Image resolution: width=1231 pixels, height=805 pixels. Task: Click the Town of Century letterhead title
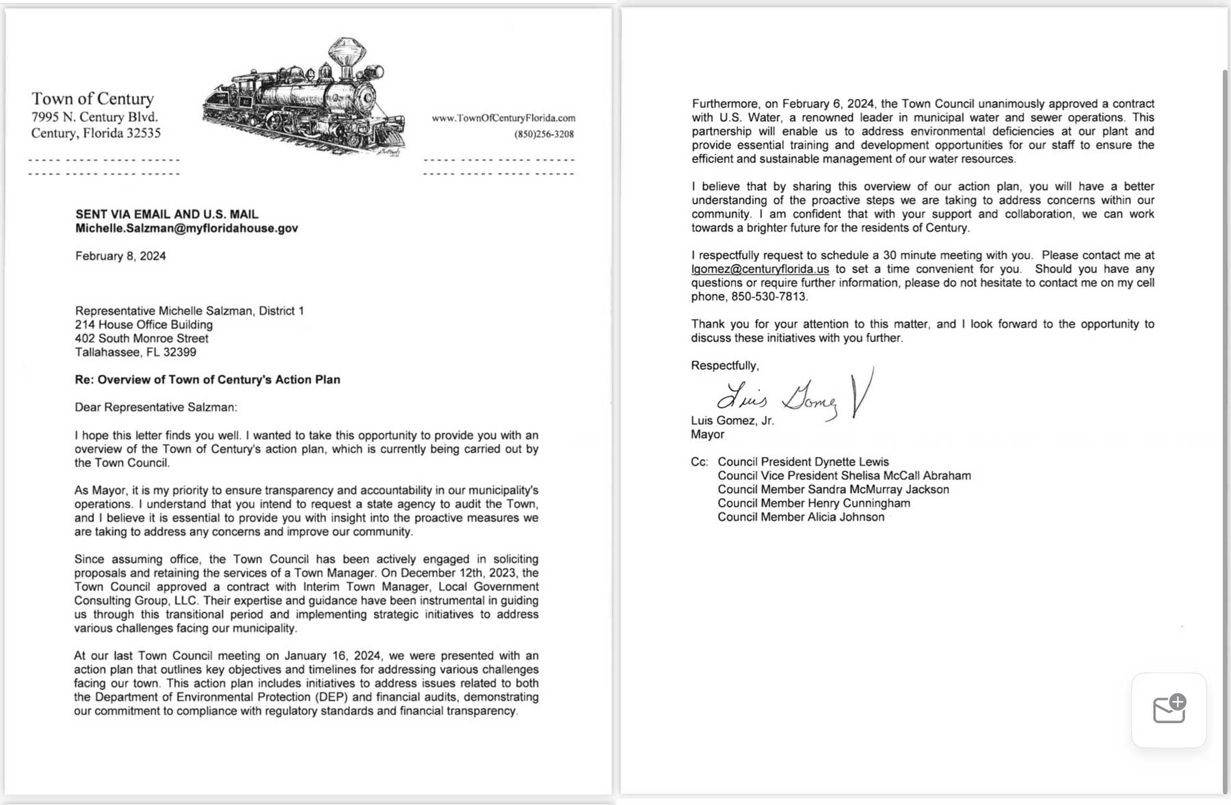92,98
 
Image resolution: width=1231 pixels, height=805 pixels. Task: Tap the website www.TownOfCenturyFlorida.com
503,118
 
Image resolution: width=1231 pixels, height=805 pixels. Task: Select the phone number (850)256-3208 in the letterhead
544,134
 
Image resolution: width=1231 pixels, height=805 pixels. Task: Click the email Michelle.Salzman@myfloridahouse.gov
186,228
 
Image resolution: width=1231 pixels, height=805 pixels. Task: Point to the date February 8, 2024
120,256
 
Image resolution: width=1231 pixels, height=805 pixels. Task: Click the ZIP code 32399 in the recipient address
180,352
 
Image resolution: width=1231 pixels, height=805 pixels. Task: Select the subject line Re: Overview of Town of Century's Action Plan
207,380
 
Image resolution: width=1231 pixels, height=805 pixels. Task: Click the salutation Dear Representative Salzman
156,407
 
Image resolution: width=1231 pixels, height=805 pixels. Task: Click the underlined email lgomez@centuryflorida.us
760,269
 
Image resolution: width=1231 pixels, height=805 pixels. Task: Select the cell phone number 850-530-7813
769,296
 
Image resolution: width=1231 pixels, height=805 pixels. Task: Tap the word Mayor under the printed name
707,434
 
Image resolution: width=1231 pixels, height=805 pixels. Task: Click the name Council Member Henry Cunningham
813,503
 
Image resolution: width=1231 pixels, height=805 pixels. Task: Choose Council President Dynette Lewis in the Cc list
803,462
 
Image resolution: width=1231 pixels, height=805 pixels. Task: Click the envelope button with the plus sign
1169,710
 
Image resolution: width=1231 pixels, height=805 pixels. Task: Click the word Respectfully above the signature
724,365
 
